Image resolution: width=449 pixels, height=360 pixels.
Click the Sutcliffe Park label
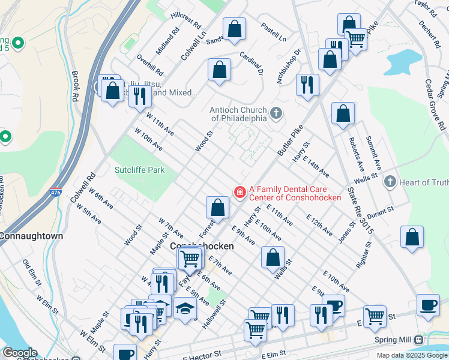coord(139,170)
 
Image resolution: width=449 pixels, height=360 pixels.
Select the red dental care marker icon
coord(240,192)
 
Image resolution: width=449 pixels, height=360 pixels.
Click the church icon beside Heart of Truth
coord(390,182)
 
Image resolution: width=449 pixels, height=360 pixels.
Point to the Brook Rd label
coord(75,86)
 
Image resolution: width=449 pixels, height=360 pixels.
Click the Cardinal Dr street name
coord(252,63)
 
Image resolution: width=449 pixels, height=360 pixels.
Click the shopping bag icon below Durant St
coord(412,237)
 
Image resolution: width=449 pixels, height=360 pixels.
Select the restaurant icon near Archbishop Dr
coord(307,84)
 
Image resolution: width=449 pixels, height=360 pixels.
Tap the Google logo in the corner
coord(19,353)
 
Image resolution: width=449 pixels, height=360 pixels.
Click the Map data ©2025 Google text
coord(411,355)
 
